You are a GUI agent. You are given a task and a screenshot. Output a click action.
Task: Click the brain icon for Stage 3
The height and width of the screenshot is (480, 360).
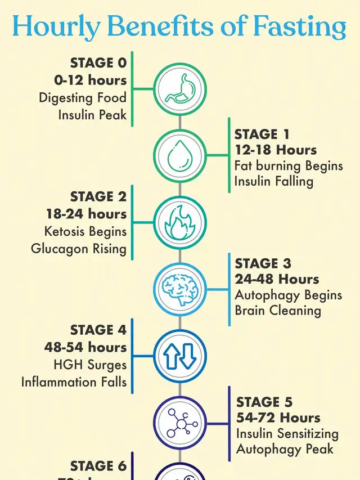(x=180, y=288)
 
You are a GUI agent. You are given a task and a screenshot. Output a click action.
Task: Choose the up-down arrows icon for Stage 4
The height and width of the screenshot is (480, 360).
(x=180, y=355)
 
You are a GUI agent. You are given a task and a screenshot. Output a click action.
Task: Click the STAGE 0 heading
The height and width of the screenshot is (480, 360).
(x=98, y=62)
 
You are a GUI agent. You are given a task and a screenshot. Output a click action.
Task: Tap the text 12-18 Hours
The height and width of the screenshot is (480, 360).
(x=276, y=150)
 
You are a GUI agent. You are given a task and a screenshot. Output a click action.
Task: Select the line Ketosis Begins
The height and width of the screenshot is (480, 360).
(x=85, y=231)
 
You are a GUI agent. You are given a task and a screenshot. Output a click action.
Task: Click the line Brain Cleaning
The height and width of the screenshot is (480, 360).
(x=278, y=310)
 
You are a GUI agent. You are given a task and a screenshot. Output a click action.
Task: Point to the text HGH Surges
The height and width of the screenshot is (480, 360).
(x=90, y=365)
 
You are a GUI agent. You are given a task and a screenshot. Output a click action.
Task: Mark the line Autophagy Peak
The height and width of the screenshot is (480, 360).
(x=285, y=449)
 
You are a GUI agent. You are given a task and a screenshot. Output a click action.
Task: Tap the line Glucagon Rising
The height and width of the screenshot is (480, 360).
(x=79, y=248)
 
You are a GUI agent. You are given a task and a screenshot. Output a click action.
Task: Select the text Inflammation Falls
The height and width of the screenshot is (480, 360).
(x=74, y=382)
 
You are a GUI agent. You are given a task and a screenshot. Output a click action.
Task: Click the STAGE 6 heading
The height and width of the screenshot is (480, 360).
(x=98, y=466)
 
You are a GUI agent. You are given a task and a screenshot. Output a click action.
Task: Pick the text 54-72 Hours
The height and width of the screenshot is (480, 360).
(x=278, y=418)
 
